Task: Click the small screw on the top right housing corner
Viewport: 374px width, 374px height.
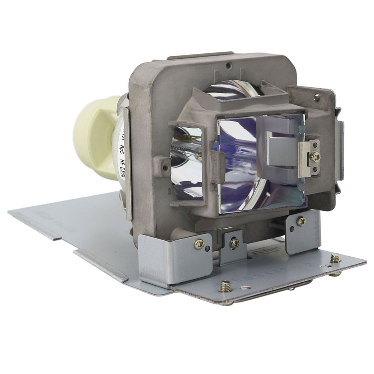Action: point(316,97)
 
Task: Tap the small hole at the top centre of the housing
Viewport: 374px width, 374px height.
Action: point(228,66)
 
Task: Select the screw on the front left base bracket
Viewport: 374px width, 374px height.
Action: point(199,244)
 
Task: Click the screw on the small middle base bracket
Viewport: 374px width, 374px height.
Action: point(234,241)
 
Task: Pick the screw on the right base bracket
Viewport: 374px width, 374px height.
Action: point(301,221)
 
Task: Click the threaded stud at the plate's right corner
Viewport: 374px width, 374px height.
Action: point(335,259)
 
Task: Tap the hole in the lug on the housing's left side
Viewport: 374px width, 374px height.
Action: point(165,168)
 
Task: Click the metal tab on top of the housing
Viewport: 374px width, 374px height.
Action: point(200,56)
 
